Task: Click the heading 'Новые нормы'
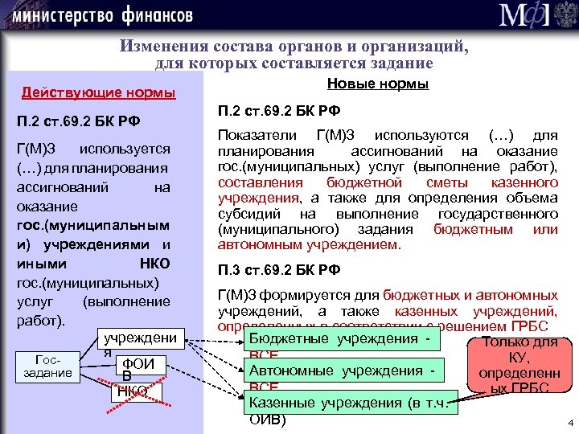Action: pyautogui.click(x=378, y=84)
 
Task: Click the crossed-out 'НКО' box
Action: pyautogui.click(x=134, y=391)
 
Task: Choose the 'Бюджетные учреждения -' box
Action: pyautogui.click(x=346, y=338)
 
